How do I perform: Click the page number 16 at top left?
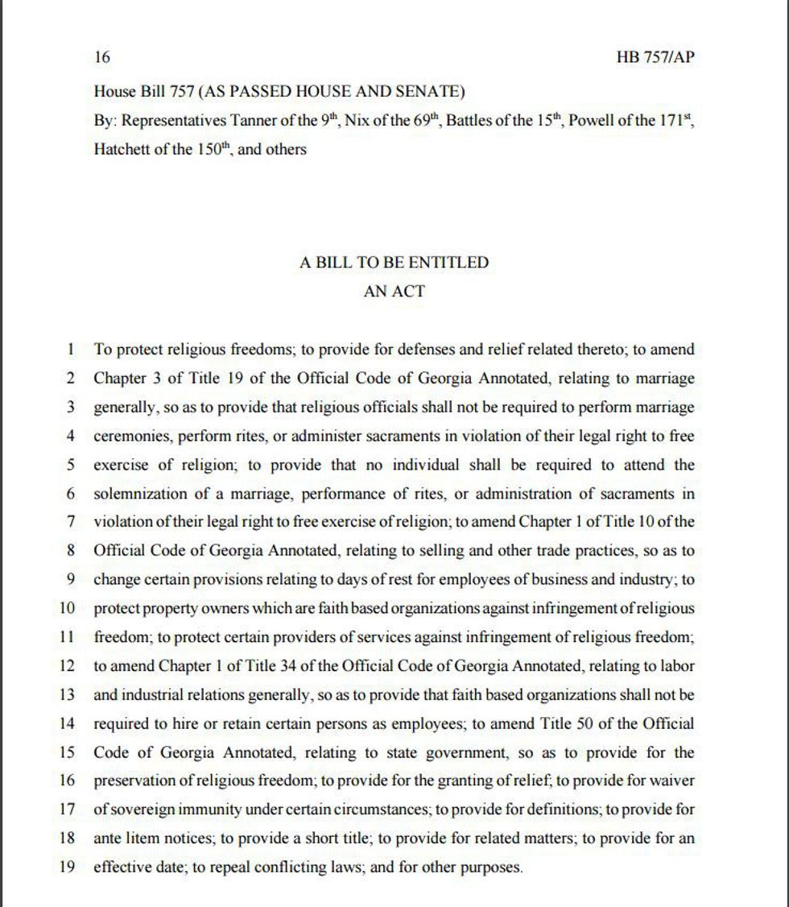point(101,57)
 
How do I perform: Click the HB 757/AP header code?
point(655,57)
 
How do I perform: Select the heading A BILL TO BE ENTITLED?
point(394,263)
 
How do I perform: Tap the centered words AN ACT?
point(394,292)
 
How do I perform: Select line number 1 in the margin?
point(71,350)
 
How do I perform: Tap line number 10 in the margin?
point(67,608)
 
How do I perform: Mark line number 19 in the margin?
point(67,868)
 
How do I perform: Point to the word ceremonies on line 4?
point(132,436)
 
